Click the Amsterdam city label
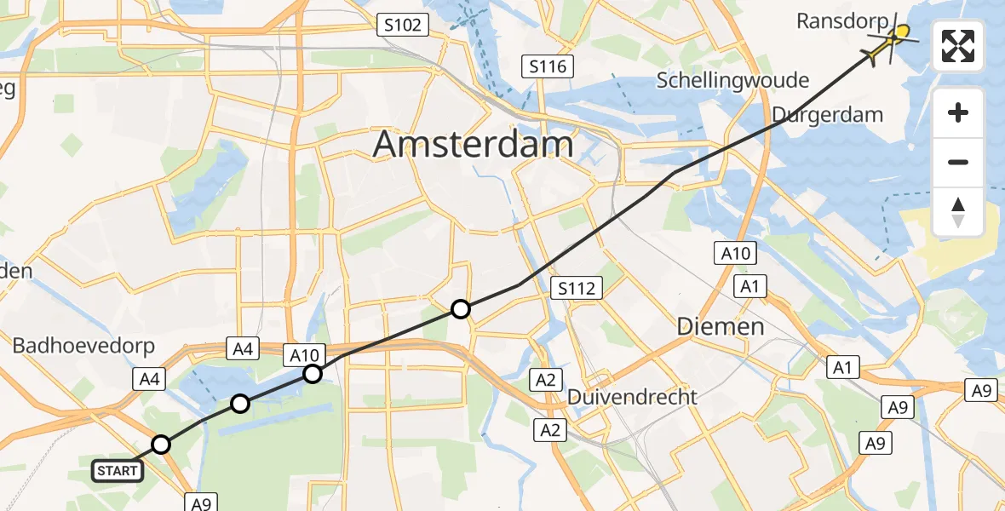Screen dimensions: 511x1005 click(x=474, y=145)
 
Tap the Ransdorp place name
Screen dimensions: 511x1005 click(x=841, y=21)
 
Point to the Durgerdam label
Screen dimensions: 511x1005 click(x=827, y=115)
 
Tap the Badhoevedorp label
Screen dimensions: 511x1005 click(x=83, y=346)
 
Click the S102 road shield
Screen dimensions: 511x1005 click(x=402, y=26)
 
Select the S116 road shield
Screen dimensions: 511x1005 click(x=548, y=66)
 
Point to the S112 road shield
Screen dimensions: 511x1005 click(x=577, y=288)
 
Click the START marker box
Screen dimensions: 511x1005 click(x=117, y=470)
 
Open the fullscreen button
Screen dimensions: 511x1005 click(x=958, y=46)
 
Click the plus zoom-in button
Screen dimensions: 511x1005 click(x=958, y=113)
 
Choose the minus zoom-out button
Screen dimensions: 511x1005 click(x=958, y=162)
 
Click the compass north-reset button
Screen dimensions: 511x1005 click(x=958, y=211)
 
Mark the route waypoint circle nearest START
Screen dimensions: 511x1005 click(x=161, y=444)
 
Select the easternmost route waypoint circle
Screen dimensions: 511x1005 click(x=460, y=309)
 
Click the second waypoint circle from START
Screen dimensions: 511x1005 click(x=240, y=404)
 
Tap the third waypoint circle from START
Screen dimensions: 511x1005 click(x=313, y=374)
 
